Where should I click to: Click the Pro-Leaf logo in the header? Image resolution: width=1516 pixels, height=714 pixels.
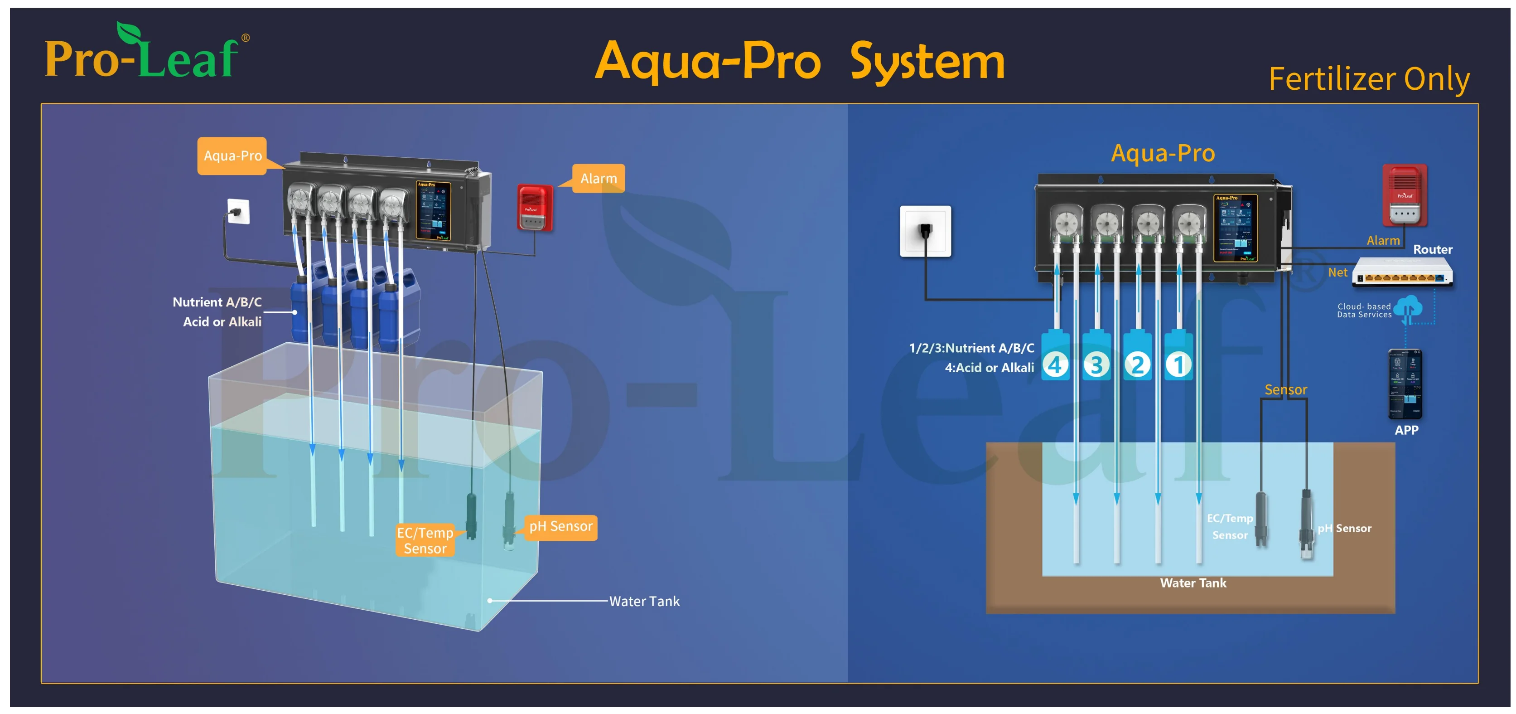click(x=146, y=53)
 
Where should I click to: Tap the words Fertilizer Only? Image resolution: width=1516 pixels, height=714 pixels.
click(x=1368, y=79)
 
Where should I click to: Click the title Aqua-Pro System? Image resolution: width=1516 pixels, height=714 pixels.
click(x=799, y=62)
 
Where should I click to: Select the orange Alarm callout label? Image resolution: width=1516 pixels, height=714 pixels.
click(x=598, y=178)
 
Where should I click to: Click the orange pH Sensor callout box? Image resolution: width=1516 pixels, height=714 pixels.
click(x=560, y=526)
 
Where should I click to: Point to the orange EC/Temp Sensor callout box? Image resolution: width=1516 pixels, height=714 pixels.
click(x=425, y=540)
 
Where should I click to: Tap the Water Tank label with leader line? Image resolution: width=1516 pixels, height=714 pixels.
click(x=644, y=601)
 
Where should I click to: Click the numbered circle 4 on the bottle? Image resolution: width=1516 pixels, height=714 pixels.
click(x=1055, y=365)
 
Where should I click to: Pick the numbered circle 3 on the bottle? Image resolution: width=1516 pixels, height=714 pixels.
click(x=1096, y=365)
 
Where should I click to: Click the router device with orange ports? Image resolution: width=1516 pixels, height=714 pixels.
click(x=1402, y=274)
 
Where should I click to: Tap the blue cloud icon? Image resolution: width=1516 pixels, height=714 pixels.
click(x=1408, y=308)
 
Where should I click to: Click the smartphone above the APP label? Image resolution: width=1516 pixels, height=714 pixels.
click(x=1405, y=384)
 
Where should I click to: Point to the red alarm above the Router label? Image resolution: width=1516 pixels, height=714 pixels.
click(x=1404, y=195)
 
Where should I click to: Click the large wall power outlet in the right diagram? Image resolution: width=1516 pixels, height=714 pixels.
click(x=925, y=231)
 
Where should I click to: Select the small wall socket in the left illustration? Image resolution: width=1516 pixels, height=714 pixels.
click(x=238, y=211)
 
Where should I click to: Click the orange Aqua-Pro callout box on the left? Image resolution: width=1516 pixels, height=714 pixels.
click(x=232, y=156)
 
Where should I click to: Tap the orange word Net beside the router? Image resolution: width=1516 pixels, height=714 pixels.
click(x=1337, y=272)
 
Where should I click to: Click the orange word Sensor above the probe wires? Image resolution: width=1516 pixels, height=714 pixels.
click(x=1285, y=390)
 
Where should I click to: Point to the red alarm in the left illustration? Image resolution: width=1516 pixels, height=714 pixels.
click(x=534, y=208)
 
